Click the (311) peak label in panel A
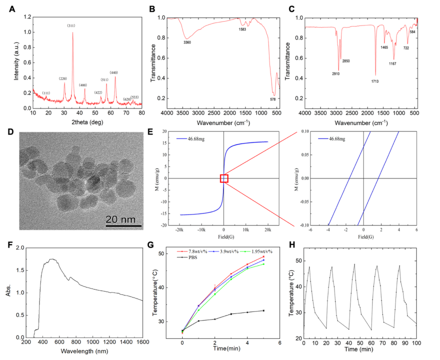(x=72, y=25)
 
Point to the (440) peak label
(x=114, y=72)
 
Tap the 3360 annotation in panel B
(x=187, y=43)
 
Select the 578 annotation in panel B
(x=273, y=99)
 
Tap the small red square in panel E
(x=224, y=178)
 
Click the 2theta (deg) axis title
(x=87, y=121)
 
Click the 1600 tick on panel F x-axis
(x=142, y=343)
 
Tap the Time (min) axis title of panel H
(x=358, y=350)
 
